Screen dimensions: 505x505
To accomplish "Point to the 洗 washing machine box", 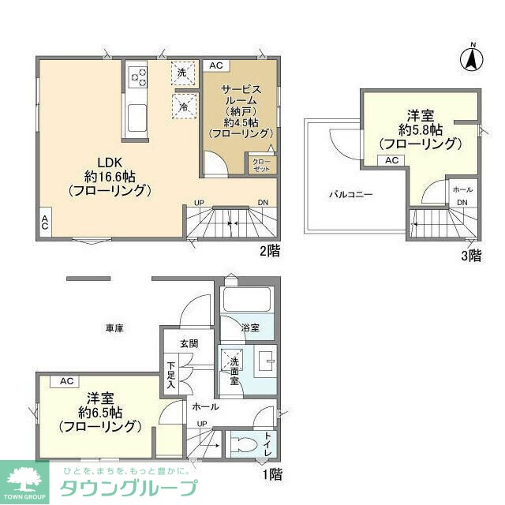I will click(x=182, y=72).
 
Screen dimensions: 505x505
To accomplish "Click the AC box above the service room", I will click(x=216, y=66).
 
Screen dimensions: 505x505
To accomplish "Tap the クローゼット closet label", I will click(x=261, y=164).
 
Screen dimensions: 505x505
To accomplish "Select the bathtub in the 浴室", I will click(x=246, y=300).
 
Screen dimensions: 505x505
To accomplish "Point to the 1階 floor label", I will click(x=271, y=475).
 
